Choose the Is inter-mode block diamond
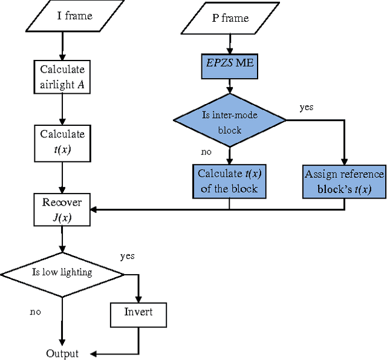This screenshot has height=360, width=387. pyautogui.click(x=229, y=121)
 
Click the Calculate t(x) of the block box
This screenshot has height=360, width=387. pyautogui.click(x=229, y=180)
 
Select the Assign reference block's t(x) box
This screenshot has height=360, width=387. pyautogui.click(x=344, y=181)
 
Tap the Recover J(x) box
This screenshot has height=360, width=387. pyautogui.click(x=62, y=209)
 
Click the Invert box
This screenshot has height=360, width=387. pyautogui.click(x=138, y=313)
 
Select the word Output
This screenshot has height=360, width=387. pyautogui.click(x=62, y=353)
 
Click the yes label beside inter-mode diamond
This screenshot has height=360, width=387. pyautogui.click(x=307, y=107)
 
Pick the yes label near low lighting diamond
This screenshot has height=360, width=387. pyautogui.click(x=127, y=256)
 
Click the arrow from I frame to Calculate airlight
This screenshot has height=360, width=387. pyautogui.click(x=62, y=47)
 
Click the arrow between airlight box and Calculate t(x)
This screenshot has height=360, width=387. pyautogui.click(x=62, y=110)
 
